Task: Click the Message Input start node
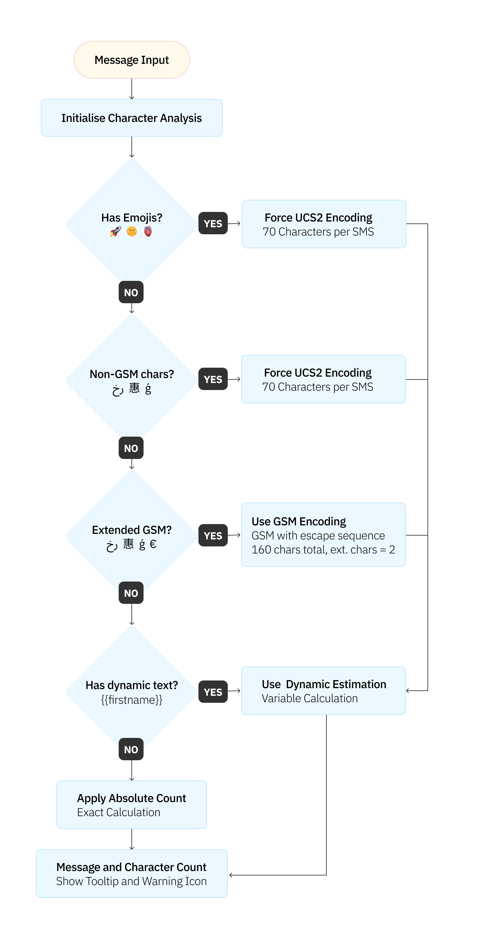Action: [x=131, y=60]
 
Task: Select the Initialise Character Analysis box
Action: [x=131, y=118]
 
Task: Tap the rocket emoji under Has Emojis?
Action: [x=115, y=231]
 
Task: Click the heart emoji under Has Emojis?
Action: [x=148, y=231]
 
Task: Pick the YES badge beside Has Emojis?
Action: [x=213, y=223]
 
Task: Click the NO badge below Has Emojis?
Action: [x=131, y=292]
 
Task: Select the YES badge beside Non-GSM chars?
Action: [x=213, y=379]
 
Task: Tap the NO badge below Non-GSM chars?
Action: [x=131, y=448]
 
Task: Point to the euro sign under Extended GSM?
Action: [x=153, y=544]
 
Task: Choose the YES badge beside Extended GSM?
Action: [x=213, y=536]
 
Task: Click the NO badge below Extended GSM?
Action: [x=131, y=593]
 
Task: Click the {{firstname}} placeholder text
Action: [x=131, y=700]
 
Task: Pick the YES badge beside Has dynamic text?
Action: [x=213, y=692]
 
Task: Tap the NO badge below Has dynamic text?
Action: [x=131, y=749]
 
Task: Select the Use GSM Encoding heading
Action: [x=299, y=522]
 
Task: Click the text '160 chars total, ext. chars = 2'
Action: [x=323, y=550]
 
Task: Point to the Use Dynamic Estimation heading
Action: [x=324, y=684]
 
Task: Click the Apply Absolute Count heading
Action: [x=131, y=798]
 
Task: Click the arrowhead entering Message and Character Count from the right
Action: [x=231, y=875]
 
